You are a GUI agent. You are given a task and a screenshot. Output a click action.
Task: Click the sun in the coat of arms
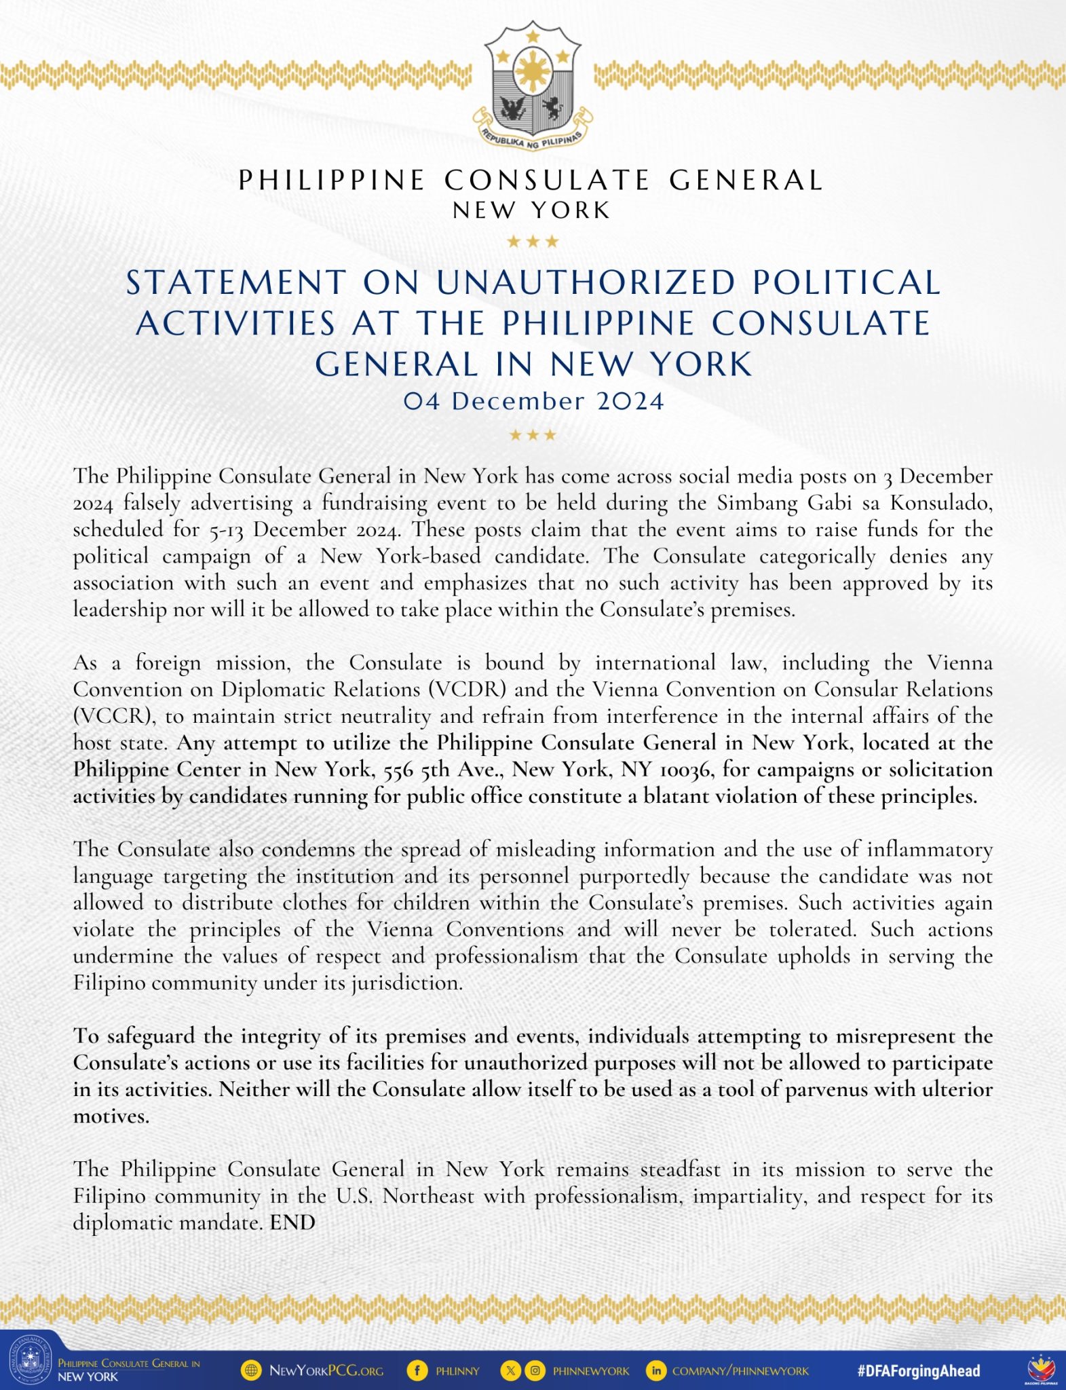(533, 71)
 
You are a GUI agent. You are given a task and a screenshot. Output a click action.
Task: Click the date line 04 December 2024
(533, 401)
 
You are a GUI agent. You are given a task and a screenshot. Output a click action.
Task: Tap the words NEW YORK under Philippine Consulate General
(532, 210)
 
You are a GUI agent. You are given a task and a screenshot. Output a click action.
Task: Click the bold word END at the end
(292, 1222)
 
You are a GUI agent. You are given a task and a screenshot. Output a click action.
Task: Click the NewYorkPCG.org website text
(326, 1370)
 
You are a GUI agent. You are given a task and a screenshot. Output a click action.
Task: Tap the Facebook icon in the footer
(417, 1370)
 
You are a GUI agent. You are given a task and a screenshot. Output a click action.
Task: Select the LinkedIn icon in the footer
(656, 1370)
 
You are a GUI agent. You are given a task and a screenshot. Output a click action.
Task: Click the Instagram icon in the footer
(535, 1370)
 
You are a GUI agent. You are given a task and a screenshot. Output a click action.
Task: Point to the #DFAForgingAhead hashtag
(919, 1370)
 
